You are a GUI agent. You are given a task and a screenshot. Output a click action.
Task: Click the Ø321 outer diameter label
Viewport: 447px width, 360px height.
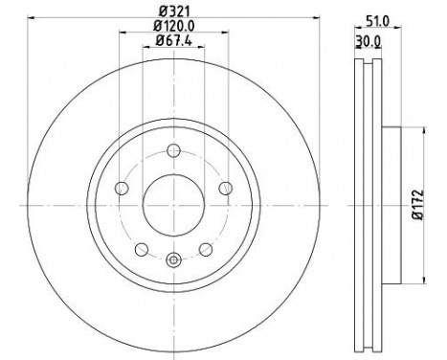point(173,11)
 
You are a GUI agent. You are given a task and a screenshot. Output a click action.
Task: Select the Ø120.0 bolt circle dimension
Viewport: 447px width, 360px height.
point(173,28)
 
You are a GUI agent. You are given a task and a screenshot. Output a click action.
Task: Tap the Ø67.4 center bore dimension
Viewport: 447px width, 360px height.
point(173,41)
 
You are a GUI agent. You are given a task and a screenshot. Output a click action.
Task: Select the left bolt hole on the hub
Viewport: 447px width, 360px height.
point(122,188)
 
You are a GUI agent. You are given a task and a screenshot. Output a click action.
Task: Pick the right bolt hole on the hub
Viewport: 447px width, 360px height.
point(225,188)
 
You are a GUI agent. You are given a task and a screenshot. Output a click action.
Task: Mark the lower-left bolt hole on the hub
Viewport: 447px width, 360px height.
point(142,249)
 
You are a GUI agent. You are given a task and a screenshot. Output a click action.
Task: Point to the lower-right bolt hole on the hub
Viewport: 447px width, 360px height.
point(205,249)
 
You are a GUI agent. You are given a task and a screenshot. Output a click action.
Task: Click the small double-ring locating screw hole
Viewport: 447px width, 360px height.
point(173,259)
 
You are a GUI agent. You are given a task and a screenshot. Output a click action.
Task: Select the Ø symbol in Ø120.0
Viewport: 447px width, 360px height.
point(157,28)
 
